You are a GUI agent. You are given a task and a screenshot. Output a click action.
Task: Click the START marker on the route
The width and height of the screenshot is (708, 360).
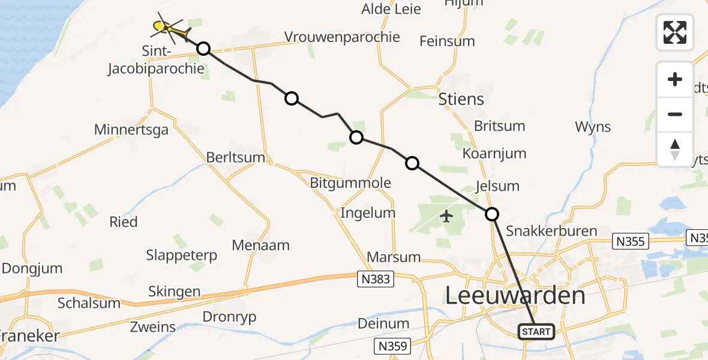536,332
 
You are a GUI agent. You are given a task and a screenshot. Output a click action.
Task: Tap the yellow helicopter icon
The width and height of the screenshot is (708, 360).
169,28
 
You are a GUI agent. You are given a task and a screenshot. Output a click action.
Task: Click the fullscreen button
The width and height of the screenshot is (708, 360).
675,32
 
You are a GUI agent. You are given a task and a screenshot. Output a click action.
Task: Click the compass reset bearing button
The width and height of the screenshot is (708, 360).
675,149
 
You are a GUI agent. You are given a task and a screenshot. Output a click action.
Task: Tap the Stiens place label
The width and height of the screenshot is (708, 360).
461,98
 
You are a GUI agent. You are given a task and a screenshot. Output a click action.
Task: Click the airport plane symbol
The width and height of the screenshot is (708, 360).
446,216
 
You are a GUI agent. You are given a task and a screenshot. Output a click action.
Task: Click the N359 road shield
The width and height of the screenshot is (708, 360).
393,346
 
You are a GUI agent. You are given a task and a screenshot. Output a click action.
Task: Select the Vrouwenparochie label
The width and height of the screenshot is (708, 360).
342,37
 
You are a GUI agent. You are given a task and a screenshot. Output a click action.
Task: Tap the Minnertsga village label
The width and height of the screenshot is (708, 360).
131,129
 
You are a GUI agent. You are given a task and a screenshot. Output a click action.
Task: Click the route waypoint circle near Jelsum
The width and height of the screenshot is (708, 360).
491,214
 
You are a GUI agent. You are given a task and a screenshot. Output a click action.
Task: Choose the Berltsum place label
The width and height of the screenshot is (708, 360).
235,157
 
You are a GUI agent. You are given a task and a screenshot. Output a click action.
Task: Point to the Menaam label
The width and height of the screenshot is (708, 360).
261,245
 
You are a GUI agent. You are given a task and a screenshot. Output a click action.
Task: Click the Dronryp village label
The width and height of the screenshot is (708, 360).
230,316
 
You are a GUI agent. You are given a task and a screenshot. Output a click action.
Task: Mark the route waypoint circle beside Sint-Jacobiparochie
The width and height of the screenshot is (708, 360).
203,49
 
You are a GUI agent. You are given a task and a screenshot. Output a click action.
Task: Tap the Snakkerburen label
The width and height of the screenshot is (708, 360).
551,231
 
